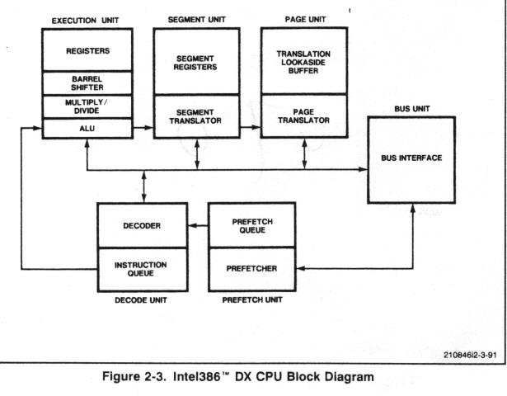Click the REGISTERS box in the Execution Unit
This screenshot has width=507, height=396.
click(87, 50)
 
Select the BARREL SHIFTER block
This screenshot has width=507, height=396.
click(87, 84)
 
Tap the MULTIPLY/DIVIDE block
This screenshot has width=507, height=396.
click(87, 106)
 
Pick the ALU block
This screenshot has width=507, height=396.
click(87, 128)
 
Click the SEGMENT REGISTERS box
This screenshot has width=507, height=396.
click(196, 62)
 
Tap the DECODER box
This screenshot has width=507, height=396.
click(143, 225)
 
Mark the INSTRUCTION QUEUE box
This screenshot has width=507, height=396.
click(143, 269)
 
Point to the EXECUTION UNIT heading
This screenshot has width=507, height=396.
click(86, 18)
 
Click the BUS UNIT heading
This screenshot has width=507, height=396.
click(411, 107)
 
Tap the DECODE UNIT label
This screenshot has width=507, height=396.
click(142, 301)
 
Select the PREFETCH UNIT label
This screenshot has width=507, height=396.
click(251, 301)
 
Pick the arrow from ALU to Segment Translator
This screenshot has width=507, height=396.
click(143, 128)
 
